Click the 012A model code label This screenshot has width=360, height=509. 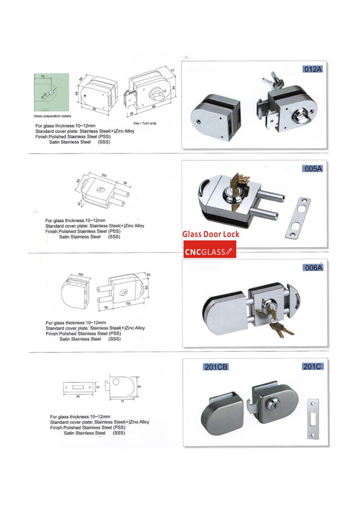coord(311,69)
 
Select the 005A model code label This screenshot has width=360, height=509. coord(311,169)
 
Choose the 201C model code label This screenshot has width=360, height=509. coord(312,367)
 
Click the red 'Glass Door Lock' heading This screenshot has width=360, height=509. coord(210,234)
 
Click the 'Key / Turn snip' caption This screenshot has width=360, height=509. coord(144,122)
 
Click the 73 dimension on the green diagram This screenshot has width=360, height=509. coord(42,75)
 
